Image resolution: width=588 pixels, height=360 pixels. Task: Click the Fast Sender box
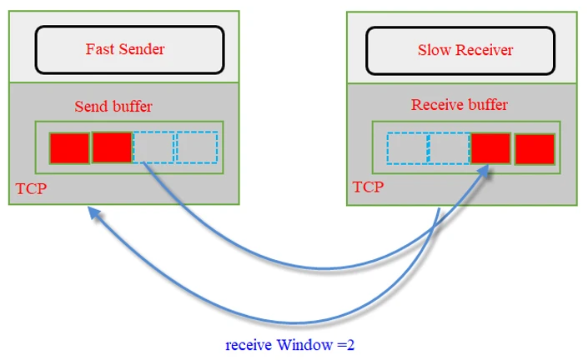pyautogui.click(x=129, y=49)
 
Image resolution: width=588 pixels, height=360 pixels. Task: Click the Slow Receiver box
pyautogui.click(x=460, y=50)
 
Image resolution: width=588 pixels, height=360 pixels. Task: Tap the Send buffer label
pyautogui.click(x=113, y=106)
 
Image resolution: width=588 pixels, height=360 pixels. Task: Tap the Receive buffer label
pyautogui.click(x=459, y=105)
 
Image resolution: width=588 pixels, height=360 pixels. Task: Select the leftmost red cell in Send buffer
pyautogui.click(x=69, y=148)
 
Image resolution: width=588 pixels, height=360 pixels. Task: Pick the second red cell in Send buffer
pyautogui.click(x=112, y=147)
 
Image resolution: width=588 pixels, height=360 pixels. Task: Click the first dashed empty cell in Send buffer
pyautogui.click(x=154, y=147)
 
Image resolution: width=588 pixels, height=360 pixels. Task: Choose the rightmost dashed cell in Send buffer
pyautogui.click(x=198, y=147)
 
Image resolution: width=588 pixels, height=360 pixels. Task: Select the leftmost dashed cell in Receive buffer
pyautogui.click(x=408, y=148)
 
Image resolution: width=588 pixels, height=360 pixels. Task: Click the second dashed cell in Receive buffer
pyautogui.click(x=450, y=148)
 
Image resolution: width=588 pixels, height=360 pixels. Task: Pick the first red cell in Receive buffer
pyautogui.click(x=492, y=148)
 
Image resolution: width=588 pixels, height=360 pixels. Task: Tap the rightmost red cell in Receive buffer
pyautogui.click(x=535, y=148)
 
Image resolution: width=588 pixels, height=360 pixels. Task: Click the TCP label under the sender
pyautogui.click(x=31, y=189)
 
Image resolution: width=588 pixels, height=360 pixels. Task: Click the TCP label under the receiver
pyautogui.click(x=368, y=187)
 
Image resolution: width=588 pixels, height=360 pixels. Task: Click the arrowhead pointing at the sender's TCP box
pyautogui.click(x=94, y=214)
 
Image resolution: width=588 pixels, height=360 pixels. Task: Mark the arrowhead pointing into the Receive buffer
pyautogui.click(x=485, y=171)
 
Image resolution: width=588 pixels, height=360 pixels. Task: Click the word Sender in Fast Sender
pyautogui.click(x=143, y=49)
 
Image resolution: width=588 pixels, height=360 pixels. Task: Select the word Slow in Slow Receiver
pyautogui.click(x=433, y=50)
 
